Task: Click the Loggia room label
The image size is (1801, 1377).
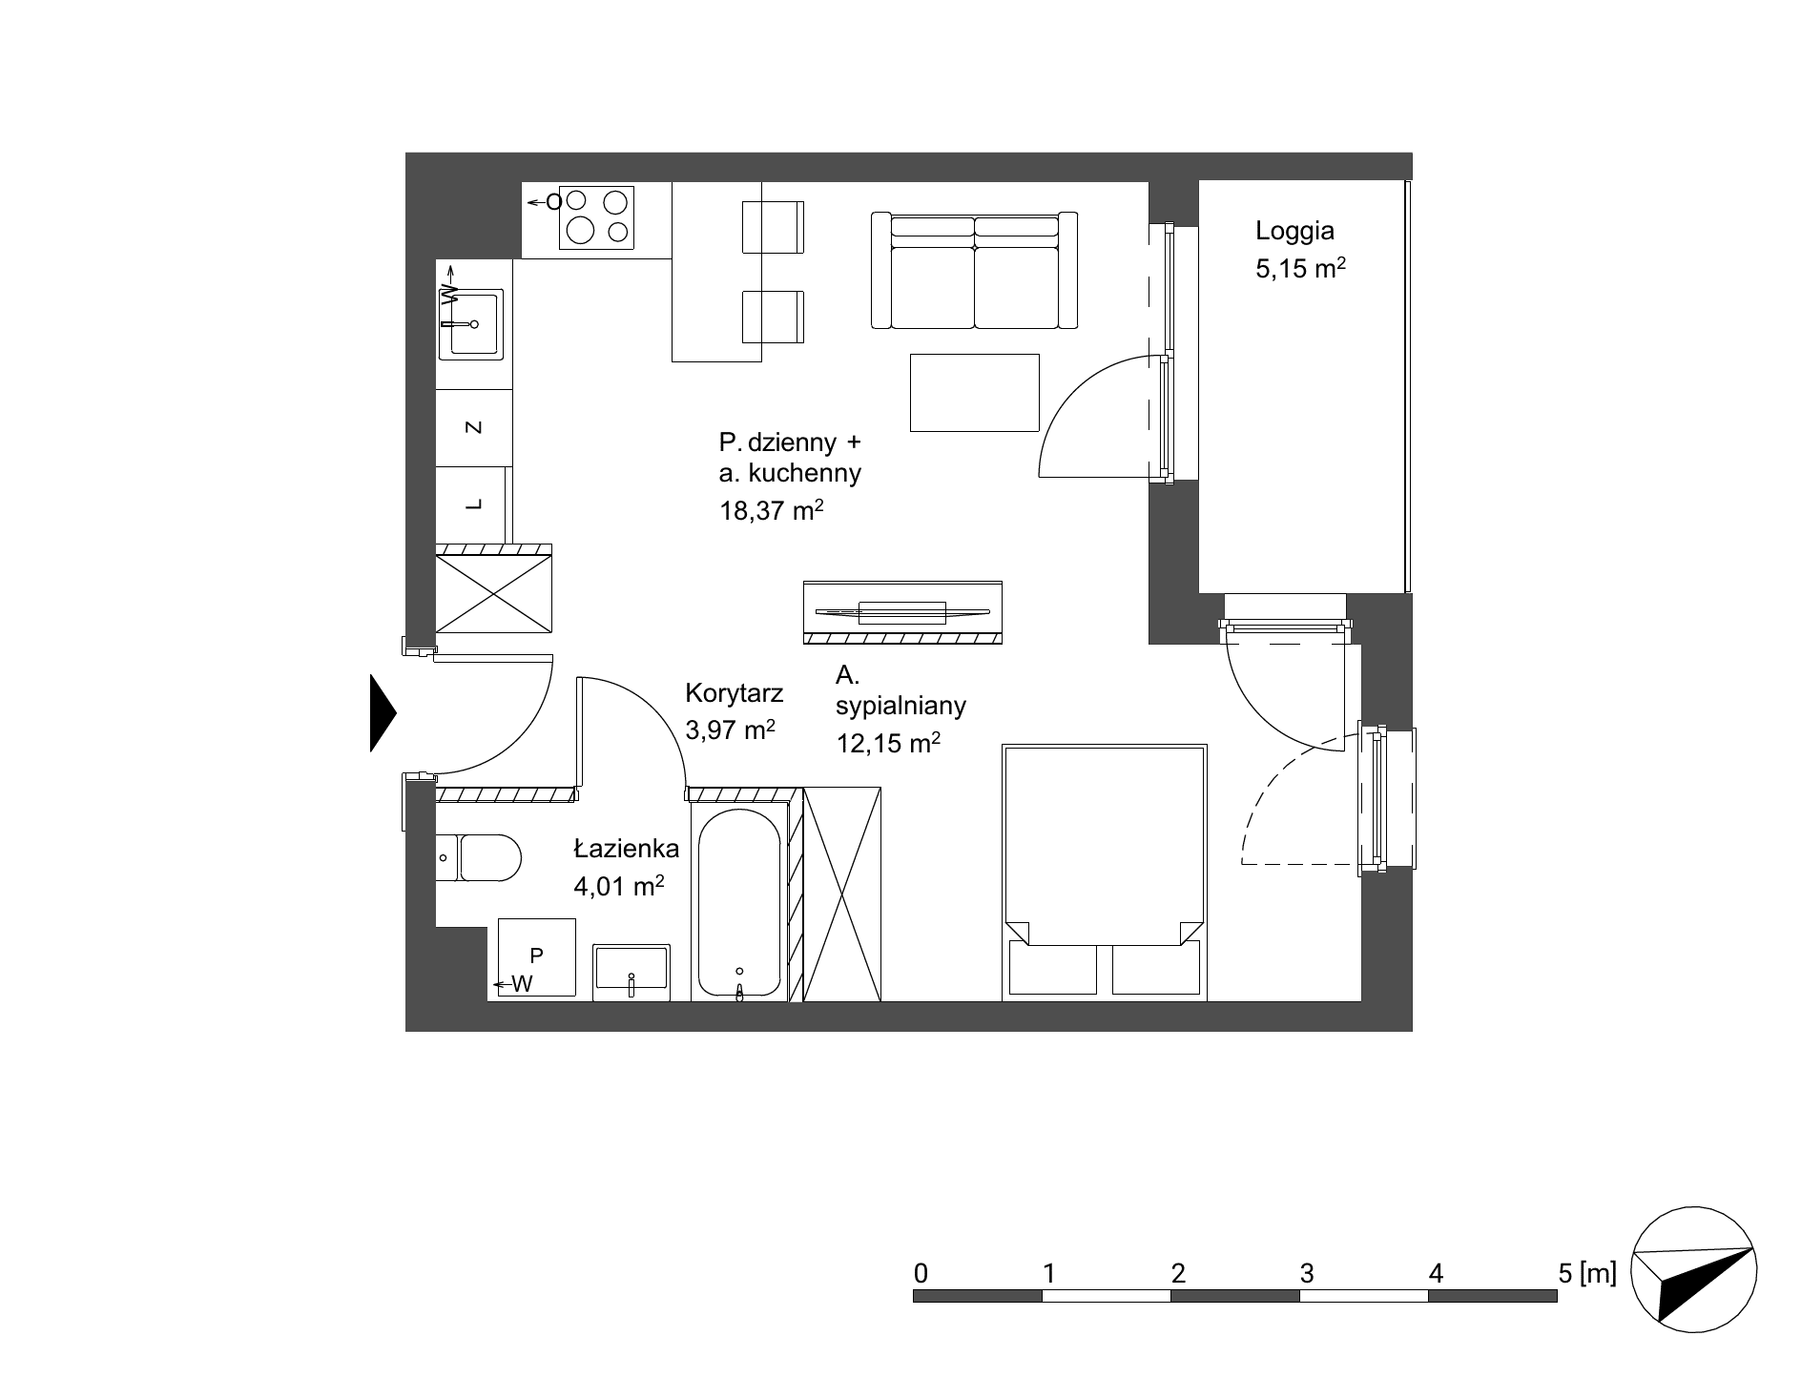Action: [x=1294, y=230]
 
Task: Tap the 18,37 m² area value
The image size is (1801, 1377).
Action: [x=771, y=510]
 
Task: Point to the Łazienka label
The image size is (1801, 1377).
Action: [x=626, y=848]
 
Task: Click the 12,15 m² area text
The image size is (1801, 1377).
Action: [x=888, y=742]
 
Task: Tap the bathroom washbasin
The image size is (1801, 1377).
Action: [x=631, y=972]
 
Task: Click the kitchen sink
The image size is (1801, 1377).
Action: [x=469, y=323]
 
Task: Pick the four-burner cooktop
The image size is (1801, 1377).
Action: [x=596, y=216]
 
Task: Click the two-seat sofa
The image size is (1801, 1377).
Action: [x=974, y=271]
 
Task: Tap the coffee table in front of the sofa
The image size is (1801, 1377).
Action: [x=974, y=392]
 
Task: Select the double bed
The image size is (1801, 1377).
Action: [x=1105, y=873]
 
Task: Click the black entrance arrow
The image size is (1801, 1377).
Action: [x=383, y=712]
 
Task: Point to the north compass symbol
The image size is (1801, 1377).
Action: [x=1694, y=1272]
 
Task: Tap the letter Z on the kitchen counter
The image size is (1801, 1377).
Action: [x=473, y=427]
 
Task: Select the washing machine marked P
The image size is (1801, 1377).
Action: [x=536, y=958]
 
